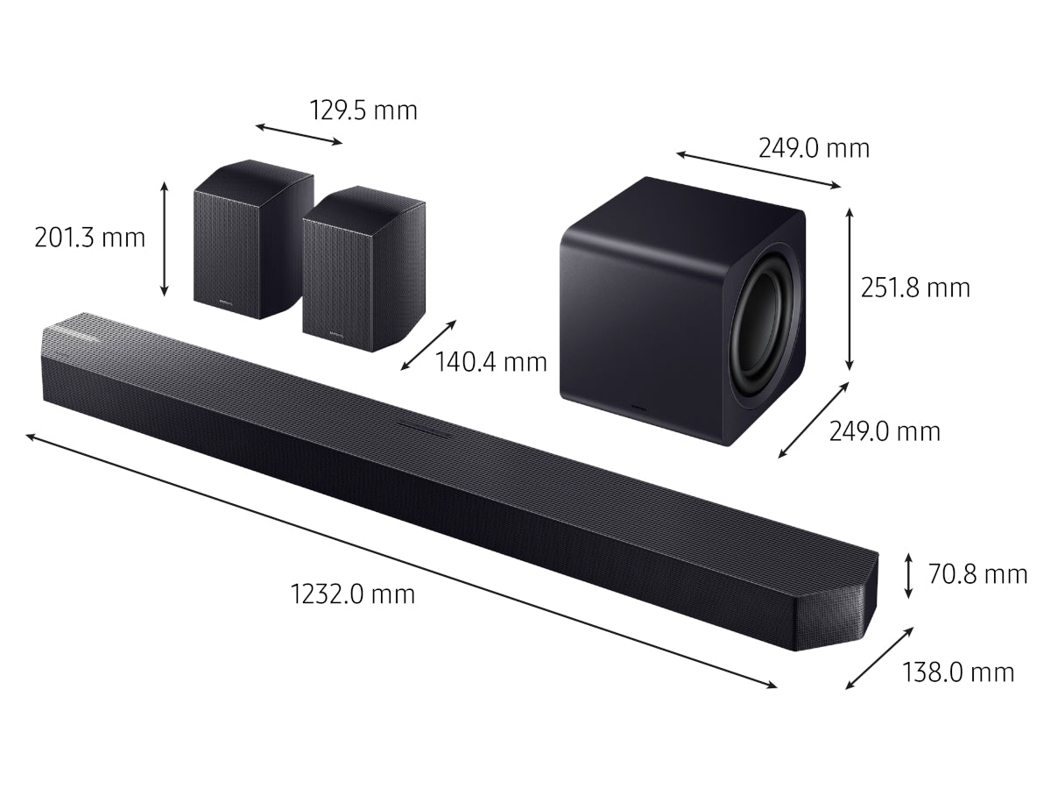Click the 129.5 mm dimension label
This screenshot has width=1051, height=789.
coord(363,110)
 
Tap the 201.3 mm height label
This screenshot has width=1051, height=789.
coord(89,238)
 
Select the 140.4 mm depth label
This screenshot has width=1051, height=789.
coord(490,362)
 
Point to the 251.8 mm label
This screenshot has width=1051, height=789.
coord(915,288)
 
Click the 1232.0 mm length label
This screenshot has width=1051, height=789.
coord(352,594)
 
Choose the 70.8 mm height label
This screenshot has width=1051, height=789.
coord(977,574)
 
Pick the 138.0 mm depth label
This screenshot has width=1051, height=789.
coord(958,672)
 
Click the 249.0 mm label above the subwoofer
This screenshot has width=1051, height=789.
coord(814,148)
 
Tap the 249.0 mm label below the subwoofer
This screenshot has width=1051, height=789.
coord(885,431)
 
